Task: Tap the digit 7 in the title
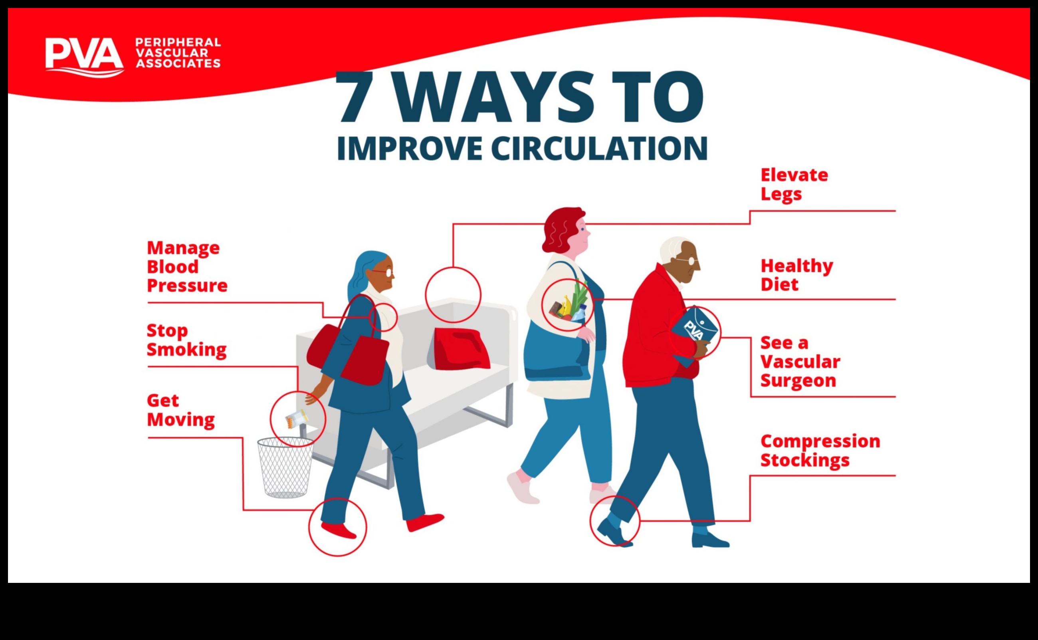click(355, 97)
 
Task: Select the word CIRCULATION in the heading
click(599, 149)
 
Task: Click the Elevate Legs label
click(794, 185)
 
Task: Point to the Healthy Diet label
click(796, 275)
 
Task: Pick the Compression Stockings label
click(820, 451)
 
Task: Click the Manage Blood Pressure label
click(187, 267)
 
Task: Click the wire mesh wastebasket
click(285, 467)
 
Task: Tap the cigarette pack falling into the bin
click(296, 419)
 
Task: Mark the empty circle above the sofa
click(453, 267)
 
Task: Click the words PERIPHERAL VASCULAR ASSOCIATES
click(178, 53)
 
